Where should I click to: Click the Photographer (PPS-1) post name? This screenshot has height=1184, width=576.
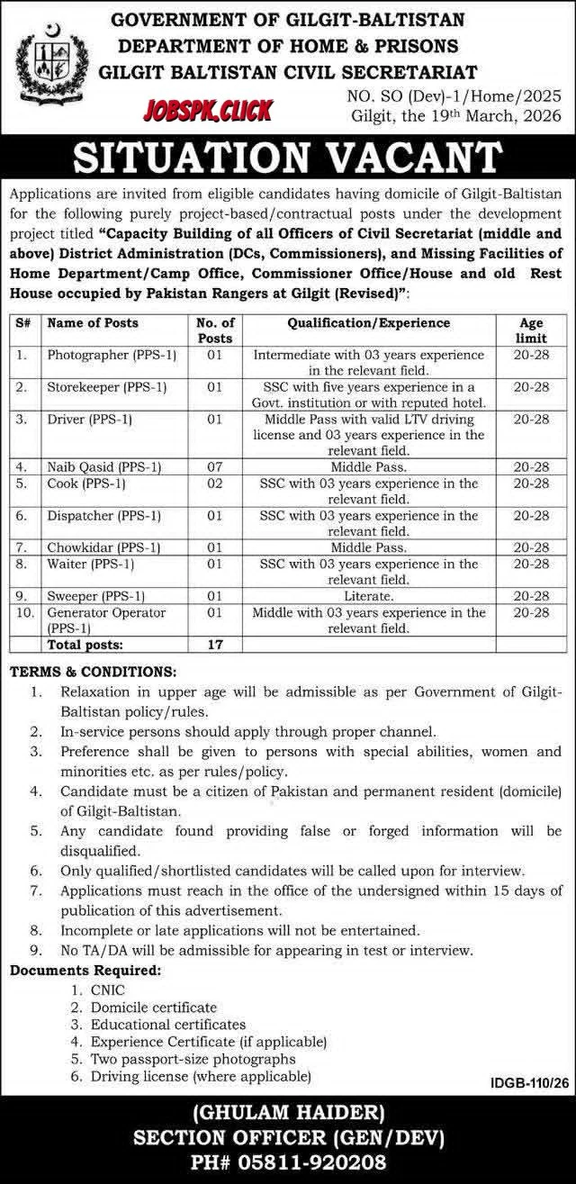coord(112,356)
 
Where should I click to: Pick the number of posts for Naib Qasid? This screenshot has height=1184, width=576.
coord(214,467)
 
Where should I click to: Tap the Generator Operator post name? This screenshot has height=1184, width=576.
coord(106,612)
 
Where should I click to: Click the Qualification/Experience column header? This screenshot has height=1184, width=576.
coord(369,322)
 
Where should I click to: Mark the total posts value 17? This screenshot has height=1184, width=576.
coord(214,645)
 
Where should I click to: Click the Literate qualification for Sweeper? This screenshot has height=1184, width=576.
coord(369,596)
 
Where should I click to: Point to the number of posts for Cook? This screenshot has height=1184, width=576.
coord(214,484)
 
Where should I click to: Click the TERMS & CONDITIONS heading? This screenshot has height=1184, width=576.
coord(94,672)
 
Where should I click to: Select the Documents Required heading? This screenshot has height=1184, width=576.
coord(86,971)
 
